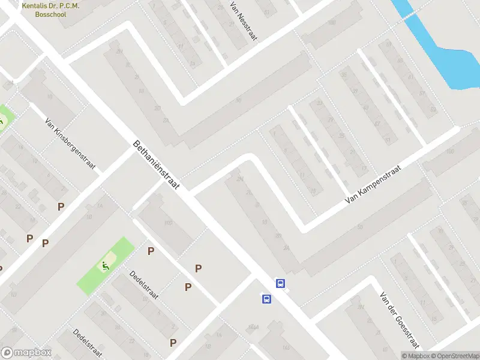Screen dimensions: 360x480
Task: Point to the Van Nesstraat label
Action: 243,20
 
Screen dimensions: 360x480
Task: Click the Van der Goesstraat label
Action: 398,320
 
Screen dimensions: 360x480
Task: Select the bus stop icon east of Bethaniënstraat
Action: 280,283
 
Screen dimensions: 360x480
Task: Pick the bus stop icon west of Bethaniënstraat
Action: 266,298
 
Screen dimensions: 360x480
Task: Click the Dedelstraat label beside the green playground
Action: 144,286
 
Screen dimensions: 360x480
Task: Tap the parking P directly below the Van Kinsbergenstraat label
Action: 61,206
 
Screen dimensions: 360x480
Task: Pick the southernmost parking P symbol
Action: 173,343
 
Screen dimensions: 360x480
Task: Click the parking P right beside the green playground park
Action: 151,251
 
